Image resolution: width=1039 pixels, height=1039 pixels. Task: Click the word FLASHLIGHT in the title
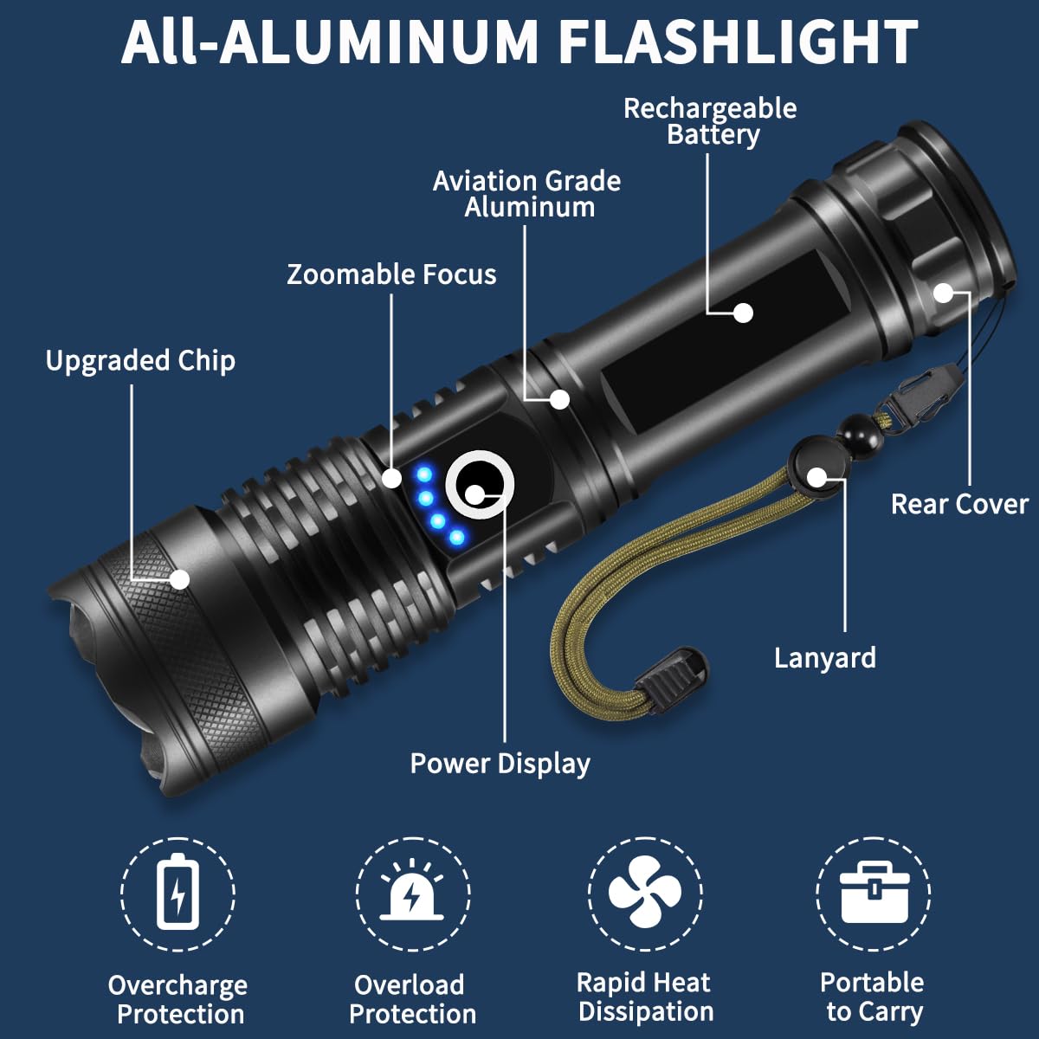point(737,41)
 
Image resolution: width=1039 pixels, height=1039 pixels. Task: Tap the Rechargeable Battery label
point(710,121)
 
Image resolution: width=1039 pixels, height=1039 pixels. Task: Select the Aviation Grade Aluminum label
point(527,194)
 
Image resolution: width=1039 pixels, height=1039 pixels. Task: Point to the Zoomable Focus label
point(391,274)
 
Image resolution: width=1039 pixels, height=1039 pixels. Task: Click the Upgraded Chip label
point(140,361)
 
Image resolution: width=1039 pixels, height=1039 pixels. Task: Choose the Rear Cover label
point(959,504)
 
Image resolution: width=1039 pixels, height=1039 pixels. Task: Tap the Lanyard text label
point(824,658)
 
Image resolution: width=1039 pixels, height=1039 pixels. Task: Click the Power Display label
point(500,764)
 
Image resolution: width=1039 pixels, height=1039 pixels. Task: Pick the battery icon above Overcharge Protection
point(177,892)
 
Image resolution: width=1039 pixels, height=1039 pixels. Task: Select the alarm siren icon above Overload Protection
point(412,892)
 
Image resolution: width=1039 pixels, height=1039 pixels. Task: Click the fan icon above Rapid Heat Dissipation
point(645,892)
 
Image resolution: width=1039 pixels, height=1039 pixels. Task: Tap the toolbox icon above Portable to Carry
point(874,892)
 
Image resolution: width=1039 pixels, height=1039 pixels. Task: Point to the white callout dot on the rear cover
point(943,294)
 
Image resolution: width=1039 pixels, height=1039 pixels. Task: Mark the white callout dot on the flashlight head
point(179,579)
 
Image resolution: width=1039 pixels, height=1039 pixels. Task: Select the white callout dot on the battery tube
point(743,313)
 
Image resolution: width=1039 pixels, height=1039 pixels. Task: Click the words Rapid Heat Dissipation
point(645,997)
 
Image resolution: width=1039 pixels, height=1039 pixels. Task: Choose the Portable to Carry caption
point(873,997)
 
